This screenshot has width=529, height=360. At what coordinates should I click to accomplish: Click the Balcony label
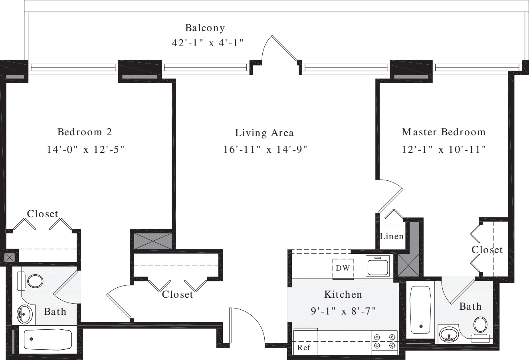tap(205, 28)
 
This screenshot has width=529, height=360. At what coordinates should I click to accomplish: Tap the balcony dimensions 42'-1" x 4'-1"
tap(208, 43)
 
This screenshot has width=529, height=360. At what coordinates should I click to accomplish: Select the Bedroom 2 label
tap(85, 132)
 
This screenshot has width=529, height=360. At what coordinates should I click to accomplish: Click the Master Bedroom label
tap(444, 132)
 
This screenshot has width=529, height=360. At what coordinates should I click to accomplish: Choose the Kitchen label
tap(343, 295)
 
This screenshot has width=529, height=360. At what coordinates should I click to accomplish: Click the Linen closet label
tap(392, 236)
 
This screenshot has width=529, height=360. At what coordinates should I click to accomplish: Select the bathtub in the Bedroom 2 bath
tap(47, 340)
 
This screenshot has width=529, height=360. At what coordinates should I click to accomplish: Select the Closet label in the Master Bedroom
tap(487, 250)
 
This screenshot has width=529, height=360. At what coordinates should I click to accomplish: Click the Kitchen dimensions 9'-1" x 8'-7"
tap(343, 311)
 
